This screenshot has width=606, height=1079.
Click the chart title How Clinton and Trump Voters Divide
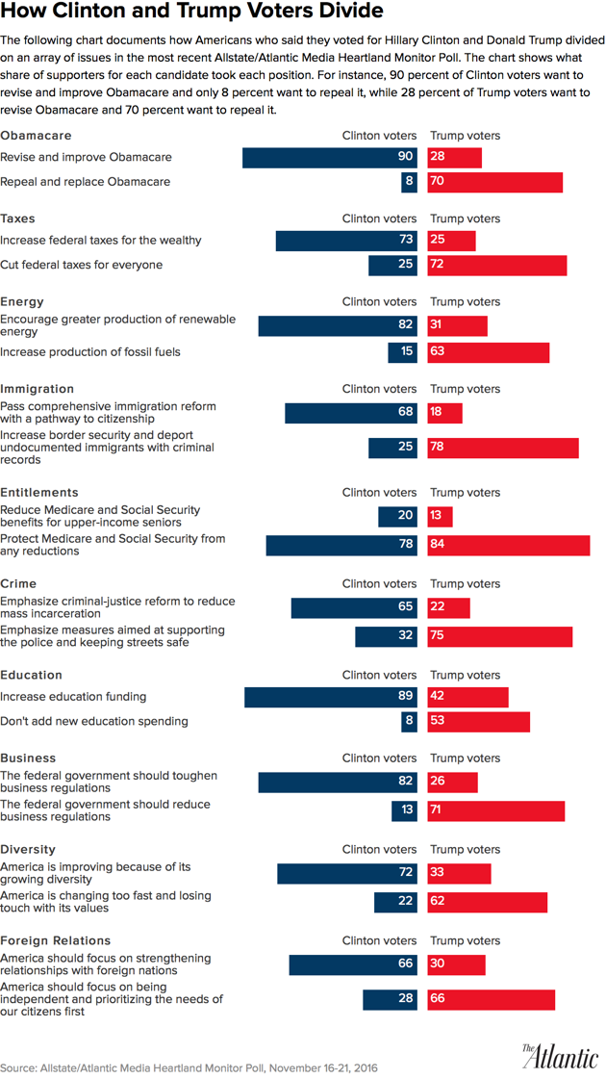click(x=193, y=13)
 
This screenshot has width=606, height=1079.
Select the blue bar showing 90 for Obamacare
click(x=330, y=157)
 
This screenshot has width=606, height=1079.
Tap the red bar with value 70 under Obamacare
click(x=495, y=182)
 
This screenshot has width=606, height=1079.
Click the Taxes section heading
click(x=17, y=218)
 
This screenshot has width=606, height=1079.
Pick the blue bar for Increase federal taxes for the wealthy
click(x=346, y=240)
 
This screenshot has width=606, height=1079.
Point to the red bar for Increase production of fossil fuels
click(x=489, y=352)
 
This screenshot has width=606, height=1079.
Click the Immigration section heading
click(x=37, y=389)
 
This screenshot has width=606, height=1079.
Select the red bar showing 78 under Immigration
click(x=503, y=448)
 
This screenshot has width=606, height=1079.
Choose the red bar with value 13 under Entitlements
click(x=440, y=517)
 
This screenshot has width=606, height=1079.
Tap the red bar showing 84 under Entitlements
click(x=509, y=546)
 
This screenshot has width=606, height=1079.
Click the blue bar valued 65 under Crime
click(x=354, y=607)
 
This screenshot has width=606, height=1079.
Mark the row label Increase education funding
click(x=73, y=696)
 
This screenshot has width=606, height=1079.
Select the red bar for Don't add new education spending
click(x=479, y=721)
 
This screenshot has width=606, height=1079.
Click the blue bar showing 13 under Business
click(x=404, y=811)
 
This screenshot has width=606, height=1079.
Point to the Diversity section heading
click(x=28, y=849)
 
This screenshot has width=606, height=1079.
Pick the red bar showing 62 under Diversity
click(x=488, y=902)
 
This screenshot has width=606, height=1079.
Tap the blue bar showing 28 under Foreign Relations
click(x=390, y=1000)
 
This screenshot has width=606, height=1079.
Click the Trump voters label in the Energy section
click(x=465, y=302)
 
